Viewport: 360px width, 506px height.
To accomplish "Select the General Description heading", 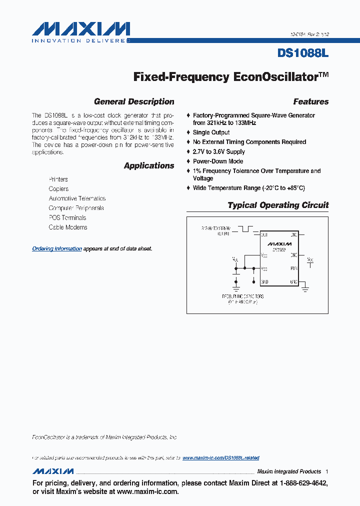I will [134, 101].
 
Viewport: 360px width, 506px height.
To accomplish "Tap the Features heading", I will [310, 101].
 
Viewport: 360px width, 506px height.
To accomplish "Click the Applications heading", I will [149, 165].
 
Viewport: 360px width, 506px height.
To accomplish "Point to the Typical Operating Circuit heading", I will [278, 205].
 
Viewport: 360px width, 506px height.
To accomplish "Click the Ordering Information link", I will [57, 248].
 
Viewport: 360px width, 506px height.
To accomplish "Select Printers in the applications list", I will [58, 179].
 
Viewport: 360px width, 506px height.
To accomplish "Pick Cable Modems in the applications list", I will [68, 227].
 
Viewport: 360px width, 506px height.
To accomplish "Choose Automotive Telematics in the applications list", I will [77, 198].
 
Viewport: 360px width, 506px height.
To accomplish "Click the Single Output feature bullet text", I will [211, 132].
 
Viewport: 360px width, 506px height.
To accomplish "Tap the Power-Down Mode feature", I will [218, 161].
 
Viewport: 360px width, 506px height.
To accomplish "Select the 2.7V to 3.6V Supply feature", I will [218, 151].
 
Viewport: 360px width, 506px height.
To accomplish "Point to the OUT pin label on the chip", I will [264, 234].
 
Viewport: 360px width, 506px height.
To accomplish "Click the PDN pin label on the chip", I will [293, 268].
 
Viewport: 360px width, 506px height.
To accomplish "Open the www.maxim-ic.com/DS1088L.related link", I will [220, 458].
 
